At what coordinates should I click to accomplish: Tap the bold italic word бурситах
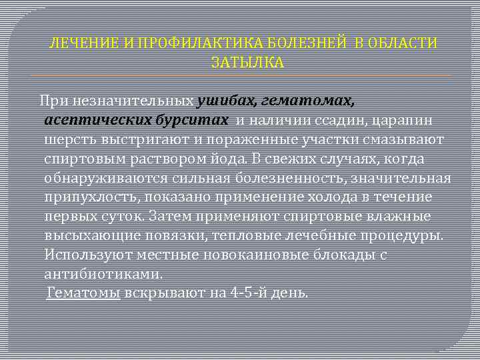coord(192,121)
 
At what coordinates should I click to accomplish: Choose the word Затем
coord(171,217)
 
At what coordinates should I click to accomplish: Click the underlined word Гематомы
coord(83,293)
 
